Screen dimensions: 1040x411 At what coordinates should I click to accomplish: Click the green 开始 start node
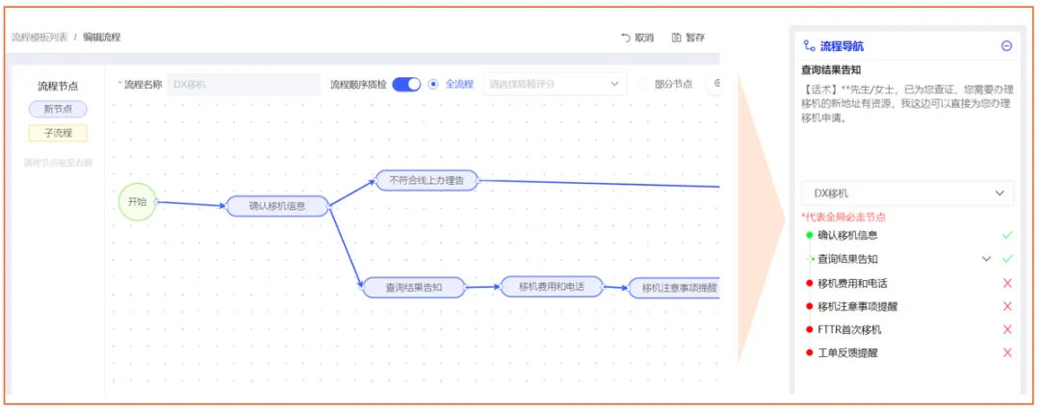click(x=137, y=202)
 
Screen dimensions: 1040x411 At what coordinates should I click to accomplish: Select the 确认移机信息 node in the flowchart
click(x=277, y=205)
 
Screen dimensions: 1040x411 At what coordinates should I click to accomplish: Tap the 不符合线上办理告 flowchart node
click(x=427, y=179)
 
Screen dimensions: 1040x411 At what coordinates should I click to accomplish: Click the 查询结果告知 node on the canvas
click(x=414, y=286)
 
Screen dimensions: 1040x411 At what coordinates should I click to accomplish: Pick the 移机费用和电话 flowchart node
click(x=552, y=286)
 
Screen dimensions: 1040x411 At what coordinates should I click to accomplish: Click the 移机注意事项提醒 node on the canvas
click(x=674, y=287)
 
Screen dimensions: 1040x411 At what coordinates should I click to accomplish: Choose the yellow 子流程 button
click(x=58, y=133)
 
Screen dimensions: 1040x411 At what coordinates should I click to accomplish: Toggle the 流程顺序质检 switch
click(x=406, y=84)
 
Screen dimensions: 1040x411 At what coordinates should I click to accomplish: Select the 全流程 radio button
click(x=433, y=84)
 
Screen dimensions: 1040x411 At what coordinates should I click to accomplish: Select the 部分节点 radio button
click(x=642, y=84)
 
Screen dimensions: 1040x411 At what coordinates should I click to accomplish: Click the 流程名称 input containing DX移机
click(x=243, y=84)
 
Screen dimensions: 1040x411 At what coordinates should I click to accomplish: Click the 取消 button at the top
click(x=637, y=38)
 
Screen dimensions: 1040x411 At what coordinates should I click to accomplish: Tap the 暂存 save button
click(x=689, y=38)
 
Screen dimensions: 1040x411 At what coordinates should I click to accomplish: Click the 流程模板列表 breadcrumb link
click(x=39, y=38)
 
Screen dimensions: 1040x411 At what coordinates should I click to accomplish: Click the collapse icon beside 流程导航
click(x=1006, y=45)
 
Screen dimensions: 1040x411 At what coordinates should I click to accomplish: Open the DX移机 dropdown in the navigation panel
click(x=907, y=193)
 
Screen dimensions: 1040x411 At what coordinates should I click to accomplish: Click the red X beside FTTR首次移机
click(x=1007, y=329)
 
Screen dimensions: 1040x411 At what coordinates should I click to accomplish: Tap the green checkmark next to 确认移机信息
click(x=1007, y=235)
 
